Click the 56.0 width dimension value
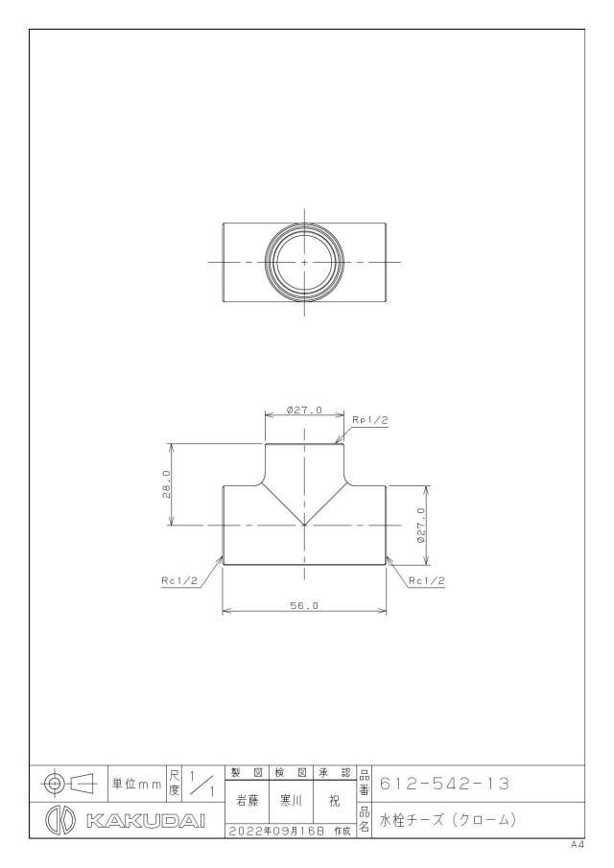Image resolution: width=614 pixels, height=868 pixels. tap(304, 606)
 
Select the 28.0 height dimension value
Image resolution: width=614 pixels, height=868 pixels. tap(166, 484)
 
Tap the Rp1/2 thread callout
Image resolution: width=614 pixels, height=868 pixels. tap(370, 420)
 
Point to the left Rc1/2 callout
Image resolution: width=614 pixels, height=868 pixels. tap(179, 580)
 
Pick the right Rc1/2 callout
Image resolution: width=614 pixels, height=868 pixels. tap(427, 580)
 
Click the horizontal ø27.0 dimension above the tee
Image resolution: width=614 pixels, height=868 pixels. tap(304, 411)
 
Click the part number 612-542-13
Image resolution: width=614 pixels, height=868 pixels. tap(444, 784)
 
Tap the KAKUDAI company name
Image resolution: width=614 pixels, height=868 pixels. tap(146, 820)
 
